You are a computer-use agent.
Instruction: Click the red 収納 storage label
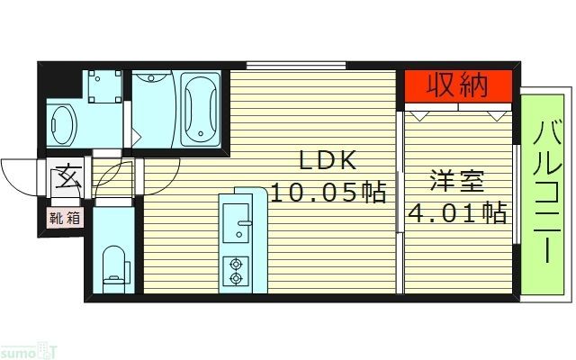(x=457, y=86)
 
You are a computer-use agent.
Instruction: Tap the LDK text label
(x=329, y=161)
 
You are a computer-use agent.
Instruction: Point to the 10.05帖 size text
(x=329, y=192)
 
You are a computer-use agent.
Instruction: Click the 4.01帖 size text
(x=456, y=214)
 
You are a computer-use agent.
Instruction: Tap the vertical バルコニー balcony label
(x=545, y=193)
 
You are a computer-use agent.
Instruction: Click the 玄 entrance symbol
(x=67, y=175)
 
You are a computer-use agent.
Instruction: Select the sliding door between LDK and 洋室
(x=400, y=180)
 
